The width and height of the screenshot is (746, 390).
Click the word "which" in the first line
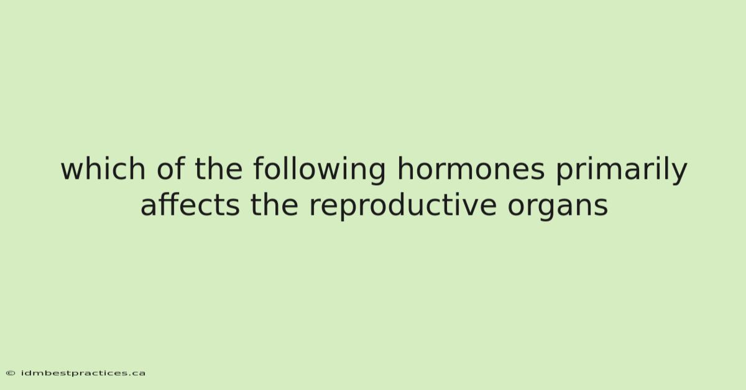(x=103, y=168)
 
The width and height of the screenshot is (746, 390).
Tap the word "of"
(x=170, y=168)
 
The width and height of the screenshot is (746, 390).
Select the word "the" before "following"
(x=218, y=168)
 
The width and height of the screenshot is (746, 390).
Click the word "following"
(x=320, y=171)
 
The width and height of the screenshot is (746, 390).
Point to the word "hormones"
(x=471, y=168)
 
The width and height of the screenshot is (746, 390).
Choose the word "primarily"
(x=622, y=171)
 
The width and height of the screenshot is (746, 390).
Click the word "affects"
(x=190, y=205)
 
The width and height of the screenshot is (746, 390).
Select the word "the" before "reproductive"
(x=274, y=205)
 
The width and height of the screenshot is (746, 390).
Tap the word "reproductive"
(x=403, y=207)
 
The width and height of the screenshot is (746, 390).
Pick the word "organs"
(x=558, y=207)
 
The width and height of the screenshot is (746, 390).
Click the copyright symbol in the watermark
(x=11, y=373)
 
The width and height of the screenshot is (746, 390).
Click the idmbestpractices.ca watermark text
(x=83, y=373)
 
